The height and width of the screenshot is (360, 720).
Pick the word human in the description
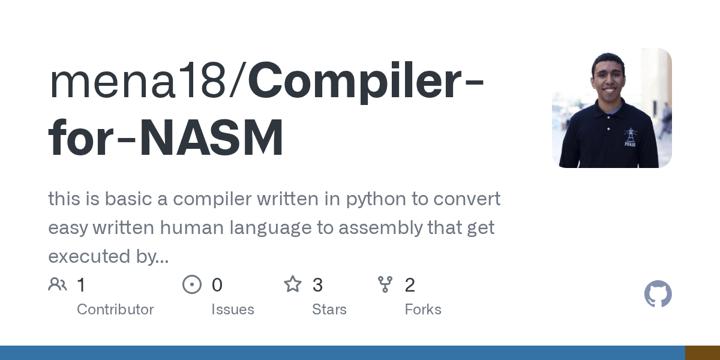point(220,228)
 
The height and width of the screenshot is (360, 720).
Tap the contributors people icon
point(58,284)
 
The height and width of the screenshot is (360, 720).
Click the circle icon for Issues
point(192,284)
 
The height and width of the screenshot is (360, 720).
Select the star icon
point(293,284)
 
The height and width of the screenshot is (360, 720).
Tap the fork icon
point(385,284)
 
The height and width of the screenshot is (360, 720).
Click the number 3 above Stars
point(317,285)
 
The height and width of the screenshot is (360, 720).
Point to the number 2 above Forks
point(410,285)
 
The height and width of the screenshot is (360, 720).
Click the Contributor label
point(115,310)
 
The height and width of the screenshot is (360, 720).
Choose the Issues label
point(233,310)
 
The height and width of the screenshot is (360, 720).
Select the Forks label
point(423,310)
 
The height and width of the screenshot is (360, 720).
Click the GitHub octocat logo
point(658,294)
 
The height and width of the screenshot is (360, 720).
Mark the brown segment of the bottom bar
point(703,353)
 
